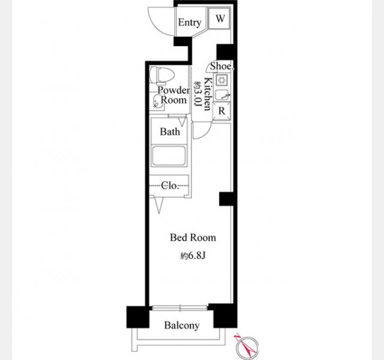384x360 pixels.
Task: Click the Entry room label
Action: [x=190, y=22]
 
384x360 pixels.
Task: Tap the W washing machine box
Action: [x=220, y=18]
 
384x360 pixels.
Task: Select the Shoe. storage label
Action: [x=221, y=66]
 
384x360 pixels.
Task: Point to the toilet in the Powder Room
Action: [x=161, y=75]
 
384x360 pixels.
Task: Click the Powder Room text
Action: [x=173, y=95]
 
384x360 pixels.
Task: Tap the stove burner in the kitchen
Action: [x=222, y=80]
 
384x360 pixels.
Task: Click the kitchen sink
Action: [x=223, y=95]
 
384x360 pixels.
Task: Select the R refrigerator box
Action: [x=221, y=111]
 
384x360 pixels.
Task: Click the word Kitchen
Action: [x=208, y=94]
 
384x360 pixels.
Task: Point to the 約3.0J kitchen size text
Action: [x=197, y=95]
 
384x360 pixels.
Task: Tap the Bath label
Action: [x=170, y=132]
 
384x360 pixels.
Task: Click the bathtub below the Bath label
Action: [x=169, y=156]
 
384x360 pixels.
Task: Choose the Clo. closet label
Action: [x=170, y=185]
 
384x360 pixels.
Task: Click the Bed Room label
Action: [x=193, y=238]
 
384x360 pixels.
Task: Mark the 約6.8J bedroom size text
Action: [x=193, y=256]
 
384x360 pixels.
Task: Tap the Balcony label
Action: [x=182, y=325]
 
